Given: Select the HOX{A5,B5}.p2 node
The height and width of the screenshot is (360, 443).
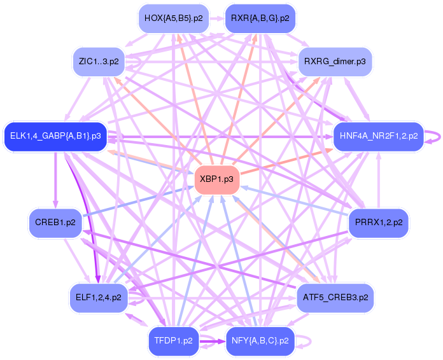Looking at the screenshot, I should [173, 18].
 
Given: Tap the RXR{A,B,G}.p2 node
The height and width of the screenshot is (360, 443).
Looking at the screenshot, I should [260, 18].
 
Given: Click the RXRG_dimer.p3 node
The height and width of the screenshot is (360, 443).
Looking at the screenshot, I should [335, 62].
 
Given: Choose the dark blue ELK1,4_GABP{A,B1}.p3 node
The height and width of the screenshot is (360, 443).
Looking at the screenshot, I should [55, 136].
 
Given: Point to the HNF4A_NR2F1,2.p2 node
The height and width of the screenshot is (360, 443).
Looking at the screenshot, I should [379, 136].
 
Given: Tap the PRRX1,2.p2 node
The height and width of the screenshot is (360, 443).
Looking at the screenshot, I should [379, 223].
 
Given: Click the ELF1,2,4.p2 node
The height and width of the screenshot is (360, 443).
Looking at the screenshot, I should [98, 297].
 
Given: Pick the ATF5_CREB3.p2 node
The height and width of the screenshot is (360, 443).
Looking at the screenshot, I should [335, 297].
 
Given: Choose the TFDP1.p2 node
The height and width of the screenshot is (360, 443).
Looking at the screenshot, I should [173, 340].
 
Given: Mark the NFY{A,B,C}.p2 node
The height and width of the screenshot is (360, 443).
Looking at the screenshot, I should [260, 340].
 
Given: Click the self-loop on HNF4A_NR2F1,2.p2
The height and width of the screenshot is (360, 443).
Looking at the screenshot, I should [435, 136].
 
